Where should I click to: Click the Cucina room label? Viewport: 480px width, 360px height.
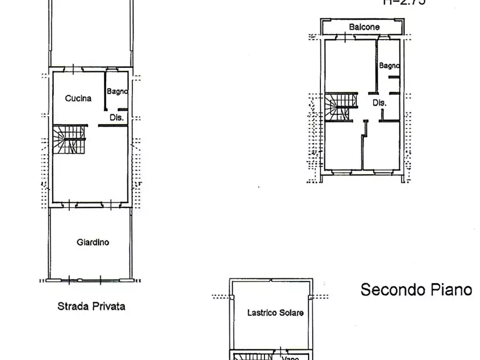pos(78,98)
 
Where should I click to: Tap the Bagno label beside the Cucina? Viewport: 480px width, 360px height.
pos(117,91)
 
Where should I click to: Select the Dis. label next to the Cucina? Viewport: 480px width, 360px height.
pos(117,117)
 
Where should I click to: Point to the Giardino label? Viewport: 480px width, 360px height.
pos(92,242)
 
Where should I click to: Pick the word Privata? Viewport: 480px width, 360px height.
pos(109,306)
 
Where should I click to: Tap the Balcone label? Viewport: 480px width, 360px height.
pos(364,27)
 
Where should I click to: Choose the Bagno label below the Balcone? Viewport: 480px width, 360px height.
pos(389,66)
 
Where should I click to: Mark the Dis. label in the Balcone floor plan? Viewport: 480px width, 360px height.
pos(379,103)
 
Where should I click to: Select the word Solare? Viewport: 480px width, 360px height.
pos(291,312)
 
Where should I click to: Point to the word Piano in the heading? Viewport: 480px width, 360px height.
pos(452,290)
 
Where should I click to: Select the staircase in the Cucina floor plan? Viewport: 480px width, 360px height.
pos(69,140)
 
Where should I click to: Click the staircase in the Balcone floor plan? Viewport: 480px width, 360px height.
pos(340,106)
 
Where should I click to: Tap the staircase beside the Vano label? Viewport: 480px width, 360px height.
pos(253,356)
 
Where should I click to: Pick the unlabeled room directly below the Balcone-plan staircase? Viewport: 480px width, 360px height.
pos(343,145)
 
